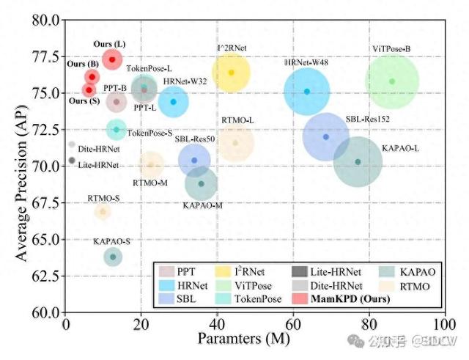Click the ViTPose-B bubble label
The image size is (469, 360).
tap(391, 48)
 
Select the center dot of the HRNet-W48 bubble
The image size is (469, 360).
tap(307, 91)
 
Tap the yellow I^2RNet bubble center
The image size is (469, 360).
tap(232, 73)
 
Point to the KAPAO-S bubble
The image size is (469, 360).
tap(113, 257)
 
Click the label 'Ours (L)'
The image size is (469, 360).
tap(110, 45)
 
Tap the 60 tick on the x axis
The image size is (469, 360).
tap(292, 323)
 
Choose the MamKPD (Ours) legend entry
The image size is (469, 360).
tap(347, 299)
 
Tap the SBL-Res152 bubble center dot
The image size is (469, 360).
tap(326, 137)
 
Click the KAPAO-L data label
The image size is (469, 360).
tap(400, 148)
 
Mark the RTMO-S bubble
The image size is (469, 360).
tap(103, 212)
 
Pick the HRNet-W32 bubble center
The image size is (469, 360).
tap(174, 101)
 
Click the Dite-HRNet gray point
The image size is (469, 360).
tap(72, 144)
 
